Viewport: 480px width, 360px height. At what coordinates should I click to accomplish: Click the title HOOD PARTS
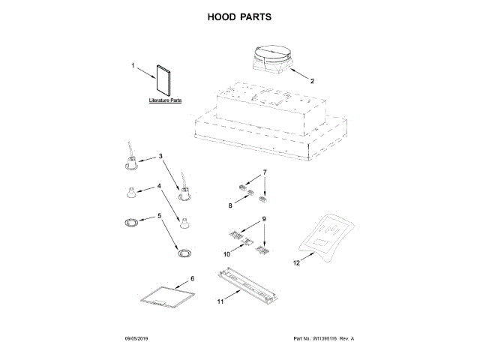click(239, 16)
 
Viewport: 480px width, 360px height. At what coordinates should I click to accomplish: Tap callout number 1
click(133, 66)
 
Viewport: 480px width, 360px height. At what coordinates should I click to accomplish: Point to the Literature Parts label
click(164, 100)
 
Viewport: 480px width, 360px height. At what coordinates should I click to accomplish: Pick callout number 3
click(160, 157)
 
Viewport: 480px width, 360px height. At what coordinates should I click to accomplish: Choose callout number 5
click(159, 216)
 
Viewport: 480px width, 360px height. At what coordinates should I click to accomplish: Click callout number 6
click(192, 278)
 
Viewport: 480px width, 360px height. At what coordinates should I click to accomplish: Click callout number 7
click(264, 172)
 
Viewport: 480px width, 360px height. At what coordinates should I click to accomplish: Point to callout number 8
click(231, 204)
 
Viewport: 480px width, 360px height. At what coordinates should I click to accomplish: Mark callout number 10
click(226, 254)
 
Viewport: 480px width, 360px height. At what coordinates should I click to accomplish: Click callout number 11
click(220, 301)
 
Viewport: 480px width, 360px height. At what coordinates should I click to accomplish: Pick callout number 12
click(296, 262)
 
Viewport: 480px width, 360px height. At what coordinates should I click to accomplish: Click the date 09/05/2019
click(137, 339)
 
